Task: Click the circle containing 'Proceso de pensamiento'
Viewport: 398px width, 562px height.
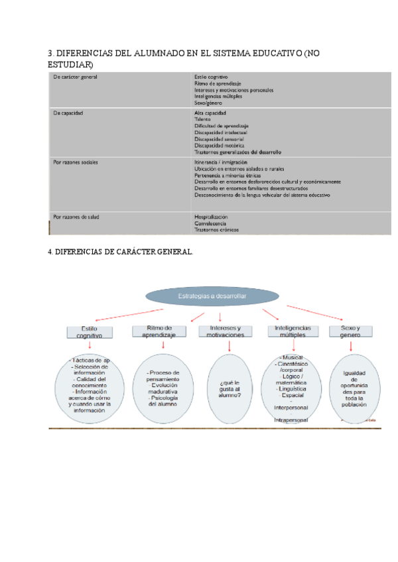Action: [161, 388]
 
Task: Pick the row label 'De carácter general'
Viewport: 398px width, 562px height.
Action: [76, 78]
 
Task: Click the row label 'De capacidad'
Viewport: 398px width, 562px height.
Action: [68, 113]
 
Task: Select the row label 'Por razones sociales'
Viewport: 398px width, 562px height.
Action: [76, 161]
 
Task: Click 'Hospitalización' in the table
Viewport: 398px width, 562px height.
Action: [211, 217]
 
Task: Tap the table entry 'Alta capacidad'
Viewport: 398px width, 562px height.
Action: [210, 113]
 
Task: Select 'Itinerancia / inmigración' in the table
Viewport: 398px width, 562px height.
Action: [221, 162]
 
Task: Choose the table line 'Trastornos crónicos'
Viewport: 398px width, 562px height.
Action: [216, 230]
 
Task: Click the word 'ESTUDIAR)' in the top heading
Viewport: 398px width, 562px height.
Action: [70, 64]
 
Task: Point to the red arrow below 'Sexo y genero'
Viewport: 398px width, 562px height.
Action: [350, 346]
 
